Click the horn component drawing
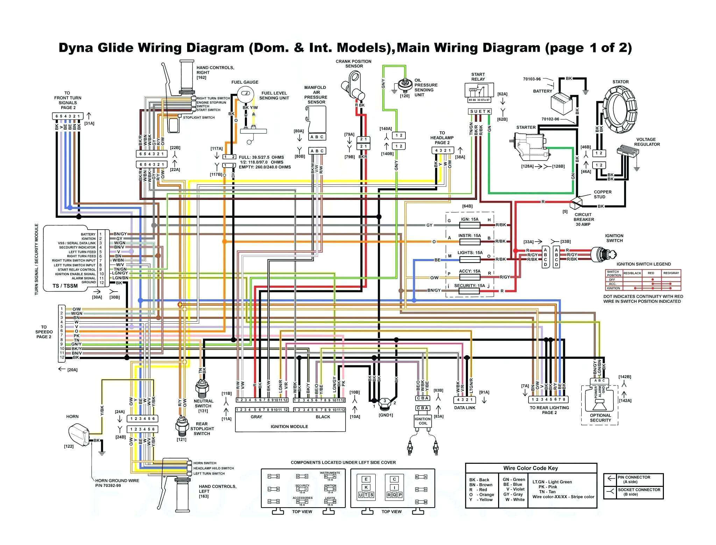tap(80, 434)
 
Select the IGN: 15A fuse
tap(469, 225)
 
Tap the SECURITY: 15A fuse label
tap(469, 286)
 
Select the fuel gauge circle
tap(245, 94)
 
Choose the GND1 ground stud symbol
tap(385, 403)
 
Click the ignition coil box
tap(423, 421)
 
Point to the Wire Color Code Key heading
tap(530, 468)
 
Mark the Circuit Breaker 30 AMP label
tap(583, 219)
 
